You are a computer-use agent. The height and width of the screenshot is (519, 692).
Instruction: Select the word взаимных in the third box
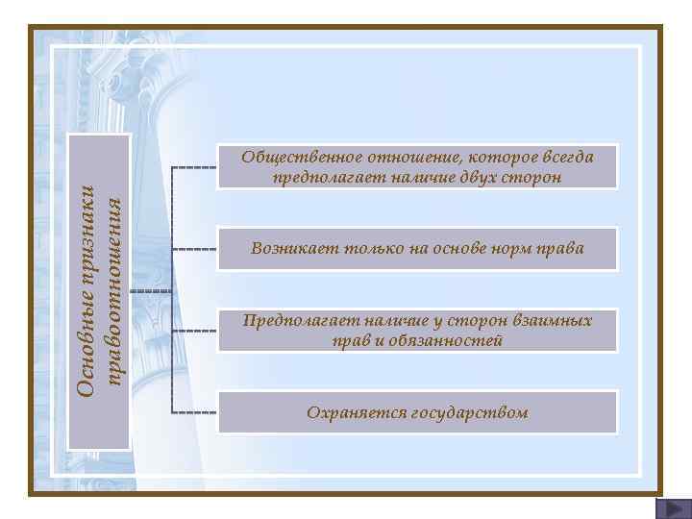[x=551, y=320]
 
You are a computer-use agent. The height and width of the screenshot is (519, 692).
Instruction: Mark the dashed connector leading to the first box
[x=194, y=167]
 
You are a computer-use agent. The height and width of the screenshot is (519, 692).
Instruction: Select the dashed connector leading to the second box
[x=194, y=249]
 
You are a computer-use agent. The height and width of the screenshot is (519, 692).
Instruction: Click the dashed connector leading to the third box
[x=194, y=331]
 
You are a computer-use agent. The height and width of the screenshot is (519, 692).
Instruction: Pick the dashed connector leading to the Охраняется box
[x=194, y=412]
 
